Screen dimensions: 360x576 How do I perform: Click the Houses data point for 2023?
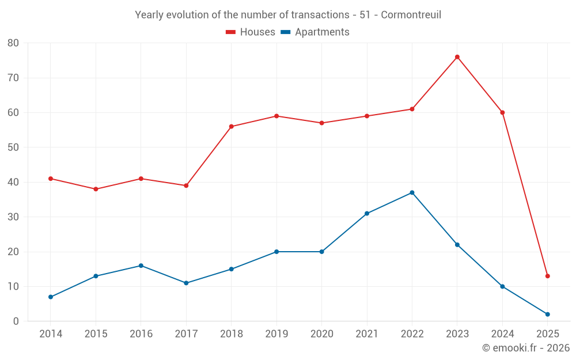457,57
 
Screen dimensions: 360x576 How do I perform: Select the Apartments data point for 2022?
412,192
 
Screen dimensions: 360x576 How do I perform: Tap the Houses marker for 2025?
547,276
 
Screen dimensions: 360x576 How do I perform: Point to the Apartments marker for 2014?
51,297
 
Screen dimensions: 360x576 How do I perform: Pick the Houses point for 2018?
231,127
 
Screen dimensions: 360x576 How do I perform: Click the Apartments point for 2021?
367,214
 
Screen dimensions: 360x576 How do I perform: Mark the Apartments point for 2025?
547,314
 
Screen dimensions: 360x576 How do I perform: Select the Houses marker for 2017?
186,185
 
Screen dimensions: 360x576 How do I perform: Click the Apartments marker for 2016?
141,266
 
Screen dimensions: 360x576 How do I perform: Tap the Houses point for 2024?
502,112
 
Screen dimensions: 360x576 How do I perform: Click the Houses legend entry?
251,32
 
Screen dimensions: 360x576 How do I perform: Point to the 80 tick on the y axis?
13,43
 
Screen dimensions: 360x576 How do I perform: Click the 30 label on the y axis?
13,217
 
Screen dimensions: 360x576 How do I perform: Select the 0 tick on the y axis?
16,321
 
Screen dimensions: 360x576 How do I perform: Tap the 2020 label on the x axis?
321,334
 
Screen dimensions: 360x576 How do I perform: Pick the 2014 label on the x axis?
51,334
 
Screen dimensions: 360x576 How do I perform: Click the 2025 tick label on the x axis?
547,334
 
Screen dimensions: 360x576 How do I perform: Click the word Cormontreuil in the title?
411,15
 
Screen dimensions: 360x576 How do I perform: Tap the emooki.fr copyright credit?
526,348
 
